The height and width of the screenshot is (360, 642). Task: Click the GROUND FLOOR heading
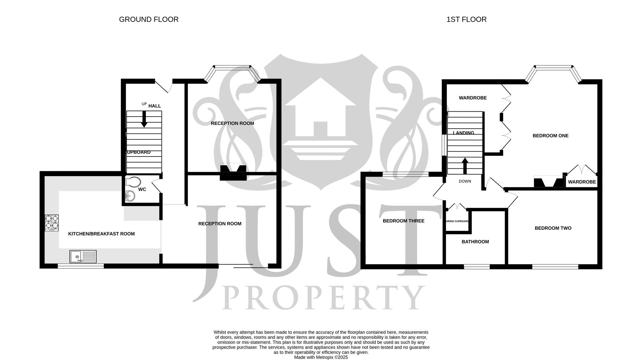point(148,19)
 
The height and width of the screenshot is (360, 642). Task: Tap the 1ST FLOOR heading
point(466,19)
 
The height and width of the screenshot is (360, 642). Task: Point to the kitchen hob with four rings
point(52,223)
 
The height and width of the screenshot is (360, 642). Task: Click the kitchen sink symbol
point(83,256)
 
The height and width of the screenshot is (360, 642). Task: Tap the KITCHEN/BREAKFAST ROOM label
point(101,234)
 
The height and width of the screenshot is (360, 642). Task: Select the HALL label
point(154,106)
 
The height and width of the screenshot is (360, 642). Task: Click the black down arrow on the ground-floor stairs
point(144,119)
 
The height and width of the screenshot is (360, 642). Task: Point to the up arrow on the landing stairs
point(465,166)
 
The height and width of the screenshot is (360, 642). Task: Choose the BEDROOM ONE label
point(550,136)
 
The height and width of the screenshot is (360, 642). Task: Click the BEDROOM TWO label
point(553,228)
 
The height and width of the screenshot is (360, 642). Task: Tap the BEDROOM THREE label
point(403,221)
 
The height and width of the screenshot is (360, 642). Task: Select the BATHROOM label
point(475,242)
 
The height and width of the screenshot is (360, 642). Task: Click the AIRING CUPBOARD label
point(457,221)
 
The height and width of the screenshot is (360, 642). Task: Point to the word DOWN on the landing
point(465,182)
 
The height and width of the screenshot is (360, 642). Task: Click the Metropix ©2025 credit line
point(321,357)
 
